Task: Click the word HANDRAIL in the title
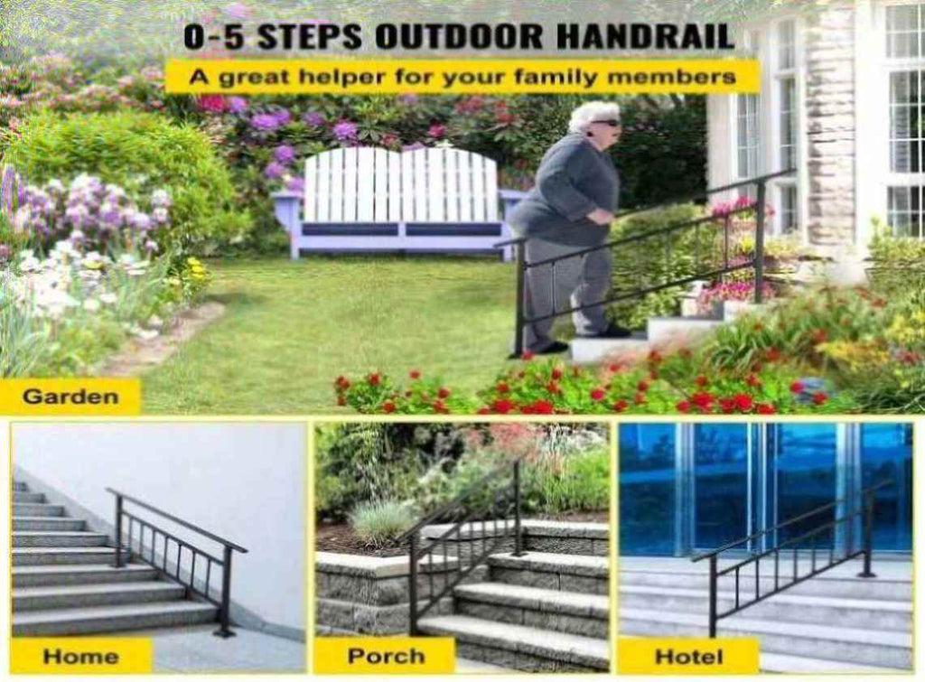point(645,36)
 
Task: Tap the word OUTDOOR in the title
point(458,36)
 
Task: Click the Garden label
point(70,397)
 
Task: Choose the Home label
point(80,656)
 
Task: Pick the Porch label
point(386,656)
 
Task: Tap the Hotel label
point(688,656)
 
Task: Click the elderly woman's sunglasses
point(604,123)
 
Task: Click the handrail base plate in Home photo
point(225,632)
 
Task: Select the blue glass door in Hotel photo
point(766,489)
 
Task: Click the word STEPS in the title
point(309,36)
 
